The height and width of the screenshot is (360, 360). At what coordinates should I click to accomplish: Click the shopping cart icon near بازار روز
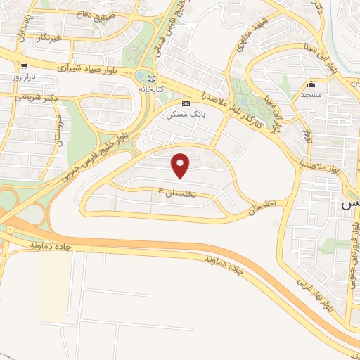point(25,66)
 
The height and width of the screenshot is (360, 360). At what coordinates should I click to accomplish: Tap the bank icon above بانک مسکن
point(186,103)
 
